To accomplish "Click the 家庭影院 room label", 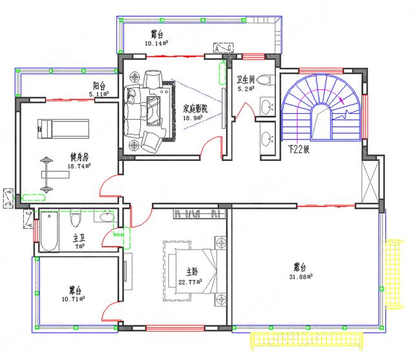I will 195,110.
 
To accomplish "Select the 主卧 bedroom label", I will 192,271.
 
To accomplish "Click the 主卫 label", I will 79,237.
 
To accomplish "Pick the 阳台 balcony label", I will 99,86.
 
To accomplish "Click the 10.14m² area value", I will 157,44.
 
